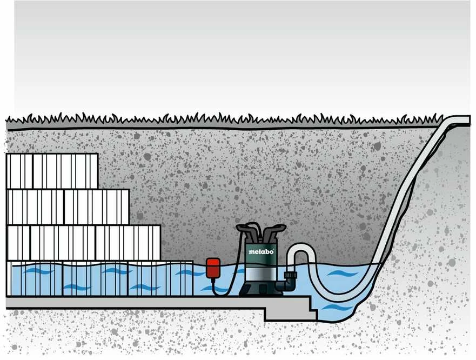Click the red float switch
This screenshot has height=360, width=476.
point(213,268)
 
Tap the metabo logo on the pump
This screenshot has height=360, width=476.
point(261,252)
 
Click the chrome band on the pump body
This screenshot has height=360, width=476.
point(261,271)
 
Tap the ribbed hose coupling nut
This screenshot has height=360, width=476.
point(291,276)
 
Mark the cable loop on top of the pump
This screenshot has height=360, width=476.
point(253,226)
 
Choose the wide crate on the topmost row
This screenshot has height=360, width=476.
point(65,171)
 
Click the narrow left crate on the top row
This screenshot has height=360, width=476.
point(19,171)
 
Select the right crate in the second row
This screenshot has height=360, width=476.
point(97,207)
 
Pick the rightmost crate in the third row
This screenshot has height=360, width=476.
point(128,243)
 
